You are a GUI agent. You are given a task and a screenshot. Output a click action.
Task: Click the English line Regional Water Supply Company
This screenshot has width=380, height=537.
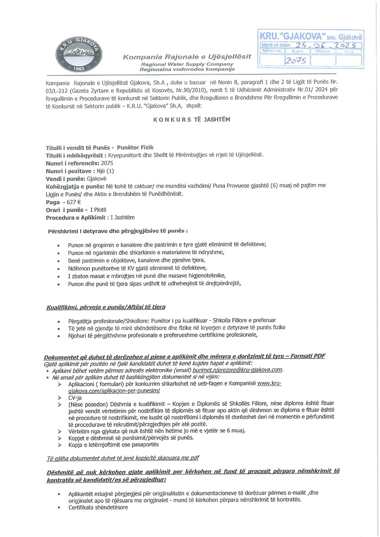coord(179,64)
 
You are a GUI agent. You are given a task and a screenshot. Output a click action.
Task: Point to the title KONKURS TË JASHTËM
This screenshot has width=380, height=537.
coord(189,124)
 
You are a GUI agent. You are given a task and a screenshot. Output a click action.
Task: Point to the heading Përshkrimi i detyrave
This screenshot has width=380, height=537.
coord(118,231)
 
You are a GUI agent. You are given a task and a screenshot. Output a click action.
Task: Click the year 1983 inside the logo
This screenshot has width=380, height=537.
coord(77,69)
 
